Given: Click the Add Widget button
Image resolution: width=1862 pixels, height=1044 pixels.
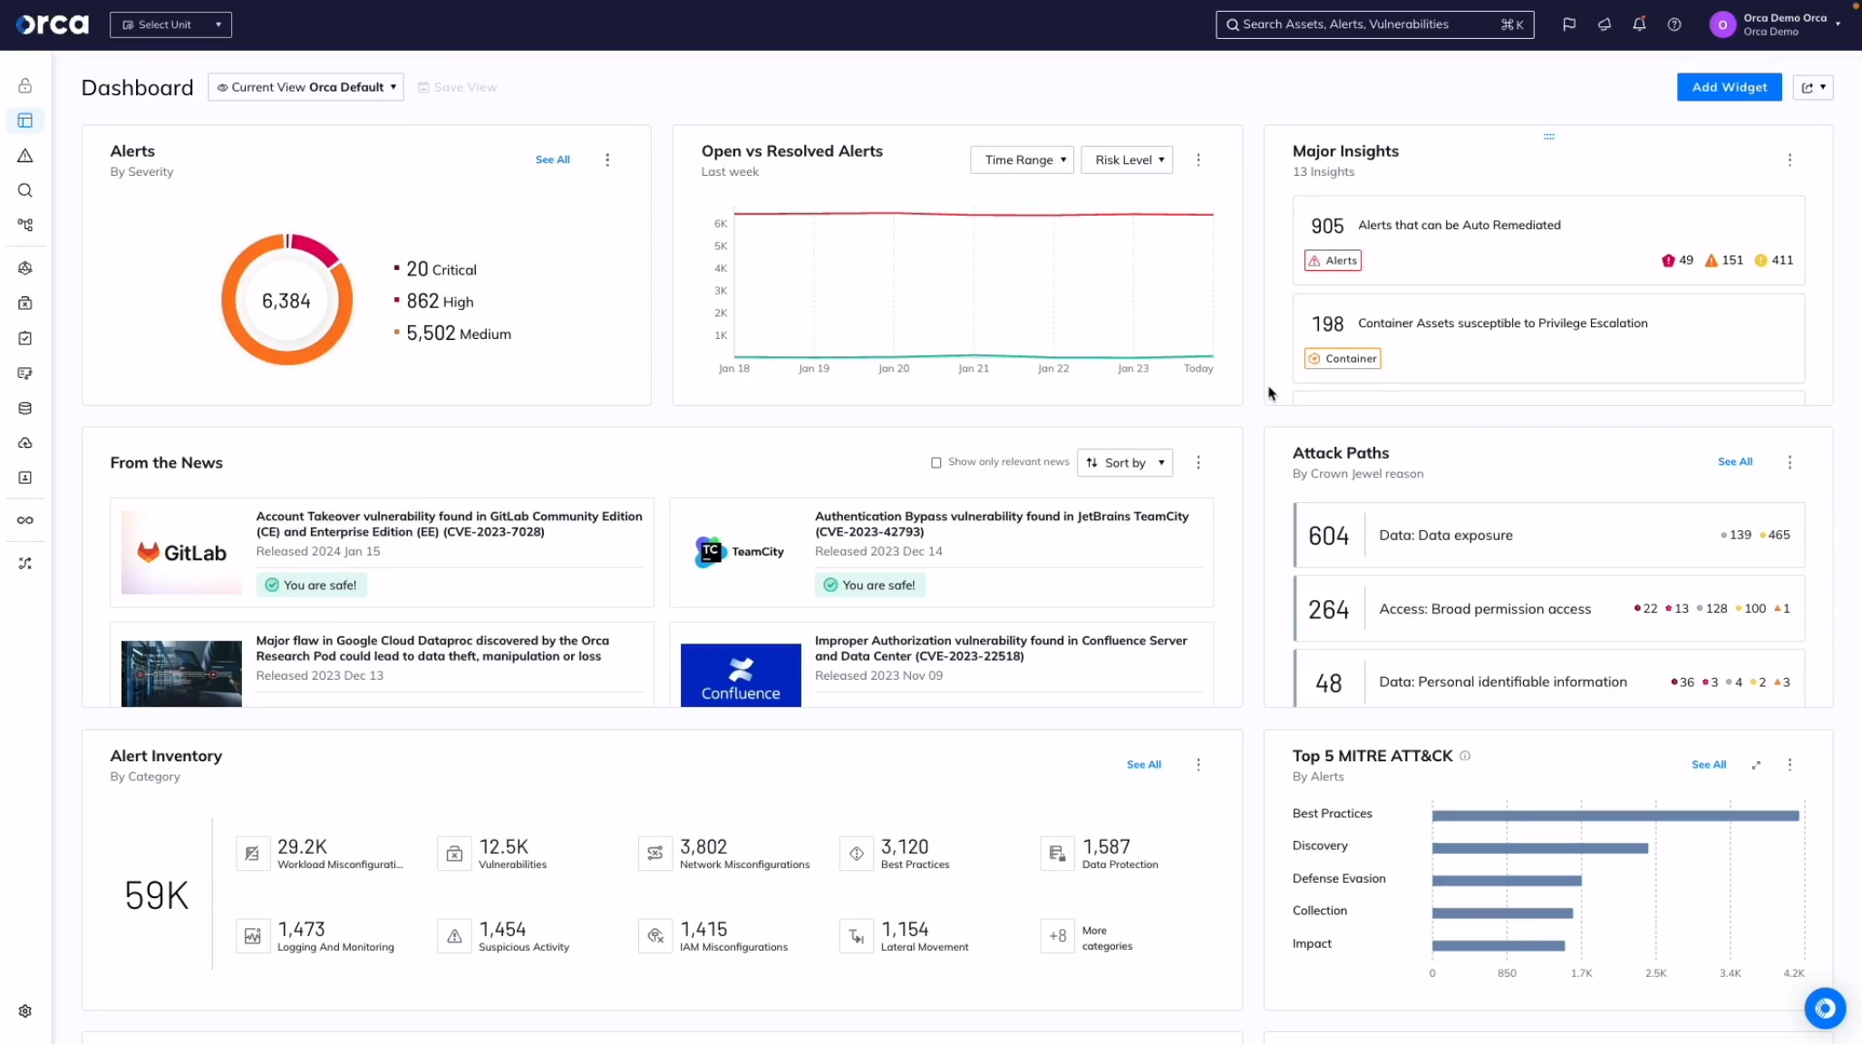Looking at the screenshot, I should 1729,87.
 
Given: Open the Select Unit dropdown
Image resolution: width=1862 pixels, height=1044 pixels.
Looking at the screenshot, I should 170,24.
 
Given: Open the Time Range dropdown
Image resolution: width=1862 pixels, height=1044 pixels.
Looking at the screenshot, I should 1022,159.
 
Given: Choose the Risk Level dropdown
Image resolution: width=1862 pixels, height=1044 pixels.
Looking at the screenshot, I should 1127,159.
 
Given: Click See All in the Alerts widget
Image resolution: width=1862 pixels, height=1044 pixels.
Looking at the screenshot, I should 552,159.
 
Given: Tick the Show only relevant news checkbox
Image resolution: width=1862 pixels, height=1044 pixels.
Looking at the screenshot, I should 936,462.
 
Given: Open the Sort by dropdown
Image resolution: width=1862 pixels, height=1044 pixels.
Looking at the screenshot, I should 1125,462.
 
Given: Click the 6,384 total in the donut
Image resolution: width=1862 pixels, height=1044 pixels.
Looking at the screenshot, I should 286,301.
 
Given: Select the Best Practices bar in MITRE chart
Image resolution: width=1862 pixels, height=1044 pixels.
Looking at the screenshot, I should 1615,816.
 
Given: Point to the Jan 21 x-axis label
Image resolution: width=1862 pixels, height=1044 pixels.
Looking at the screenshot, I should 974,368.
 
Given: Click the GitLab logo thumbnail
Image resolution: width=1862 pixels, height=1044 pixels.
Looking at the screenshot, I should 181,552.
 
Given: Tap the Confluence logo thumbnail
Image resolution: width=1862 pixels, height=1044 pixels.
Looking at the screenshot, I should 741,674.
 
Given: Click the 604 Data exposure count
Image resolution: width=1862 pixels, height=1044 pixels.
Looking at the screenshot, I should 1328,536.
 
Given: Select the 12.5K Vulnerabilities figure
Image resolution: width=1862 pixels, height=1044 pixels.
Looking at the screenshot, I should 503,846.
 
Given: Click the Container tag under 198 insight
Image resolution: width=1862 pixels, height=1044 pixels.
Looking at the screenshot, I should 1343,358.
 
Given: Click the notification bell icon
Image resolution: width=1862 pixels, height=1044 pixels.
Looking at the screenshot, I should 1639,24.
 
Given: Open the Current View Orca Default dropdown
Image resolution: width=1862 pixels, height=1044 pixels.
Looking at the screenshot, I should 305,87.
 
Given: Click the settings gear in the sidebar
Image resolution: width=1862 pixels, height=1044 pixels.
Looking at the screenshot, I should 25,1011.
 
